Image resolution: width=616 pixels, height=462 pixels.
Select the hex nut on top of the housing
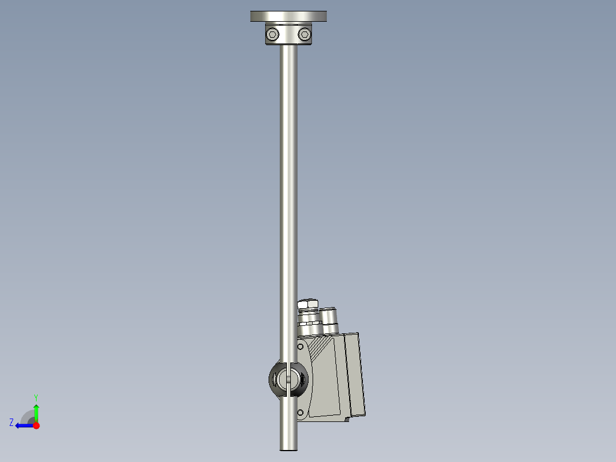pyautogui.click(x=308, y=304)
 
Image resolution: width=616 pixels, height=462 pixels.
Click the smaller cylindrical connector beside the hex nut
pyautogui.click(x=329, y=317)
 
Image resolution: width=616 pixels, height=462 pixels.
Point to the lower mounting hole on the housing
pyautogui.click(x=300, y=412)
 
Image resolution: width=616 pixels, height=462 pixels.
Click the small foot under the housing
pyautogui.click(x=347, y=420)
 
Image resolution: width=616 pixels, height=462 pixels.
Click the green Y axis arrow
pyautogui.click(x=36, y=411)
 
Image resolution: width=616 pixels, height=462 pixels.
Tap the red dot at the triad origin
pyautogui.click(x=36, y=425)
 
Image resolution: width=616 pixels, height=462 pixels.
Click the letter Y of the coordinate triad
pyautogui.click(x=35, y=397)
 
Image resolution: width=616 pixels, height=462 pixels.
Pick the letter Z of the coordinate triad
pyautogui.click(x=11, y=423)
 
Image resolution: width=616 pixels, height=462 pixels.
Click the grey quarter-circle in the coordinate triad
pyautogui.click(x=27, y=417)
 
